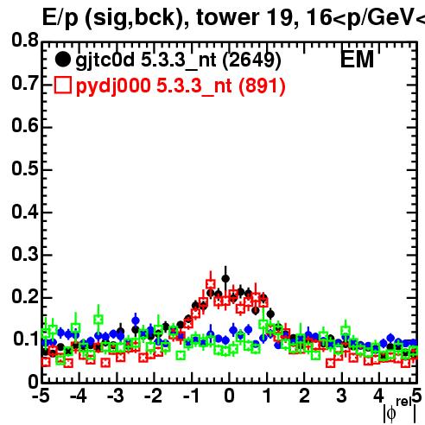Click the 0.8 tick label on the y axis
(25, 40)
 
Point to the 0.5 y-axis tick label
(25, 168)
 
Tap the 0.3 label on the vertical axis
(25, 254)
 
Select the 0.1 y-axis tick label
(26, 339)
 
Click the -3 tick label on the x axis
(116, 396)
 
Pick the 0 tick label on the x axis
(229, 396)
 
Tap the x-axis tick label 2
(304, 396)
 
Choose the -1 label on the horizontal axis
(191, 396)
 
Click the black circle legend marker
(62, 60)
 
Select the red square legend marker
(62, 85)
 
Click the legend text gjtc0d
(105, 60)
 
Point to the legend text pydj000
(113, 86)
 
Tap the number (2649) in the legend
(251, 60)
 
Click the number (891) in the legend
(262, 86)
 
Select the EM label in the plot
(357, 60)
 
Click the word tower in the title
(228, 17)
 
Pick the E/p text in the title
(60, 18)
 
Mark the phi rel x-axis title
(400, 410)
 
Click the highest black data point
(225, 278)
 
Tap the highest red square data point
(211, 284)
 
